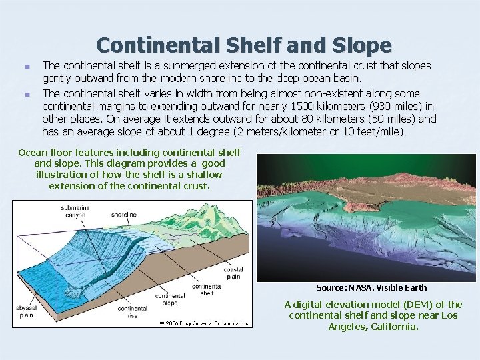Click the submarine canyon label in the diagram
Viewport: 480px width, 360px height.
coord(75,211)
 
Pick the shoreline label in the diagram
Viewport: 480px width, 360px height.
coord(123,215)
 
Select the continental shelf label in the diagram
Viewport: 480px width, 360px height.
coord(207,289)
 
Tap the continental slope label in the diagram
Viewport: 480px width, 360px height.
coord(170,298)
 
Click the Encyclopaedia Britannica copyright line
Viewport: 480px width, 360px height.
coord(204,323)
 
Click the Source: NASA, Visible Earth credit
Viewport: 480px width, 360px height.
coord(371,287)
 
